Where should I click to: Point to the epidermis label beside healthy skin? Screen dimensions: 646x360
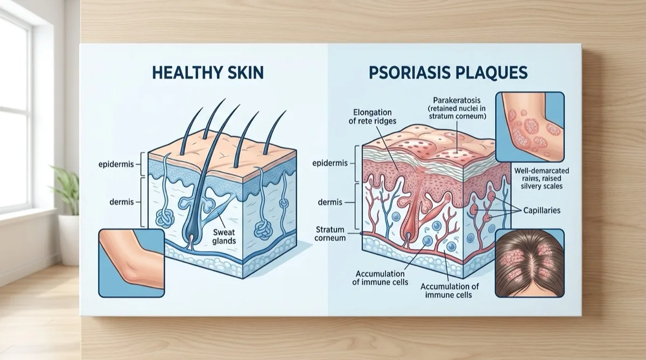pyautogui.click(x=116, y=164)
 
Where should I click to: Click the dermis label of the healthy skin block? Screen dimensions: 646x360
pyautogui.click(x=122, y=202)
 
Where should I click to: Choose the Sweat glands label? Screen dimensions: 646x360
pyautogui.click(x=224, y=236)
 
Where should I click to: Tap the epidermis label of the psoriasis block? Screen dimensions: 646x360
pyautogui.click(x=330, y=163)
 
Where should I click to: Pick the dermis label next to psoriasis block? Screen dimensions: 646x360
pyautogui.click(x=330, y=202)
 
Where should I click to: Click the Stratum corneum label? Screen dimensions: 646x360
pyautogui.click(x=330, y=234)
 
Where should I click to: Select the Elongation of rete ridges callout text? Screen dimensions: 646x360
pyautogui.click(x=373, y=116)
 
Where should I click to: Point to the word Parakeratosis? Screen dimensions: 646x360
pyautogui.click(x=457, y=100)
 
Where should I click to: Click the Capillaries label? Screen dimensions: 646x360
pyautogui.click(x=542, y=210)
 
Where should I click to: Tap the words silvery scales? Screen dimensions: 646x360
pyautogui.click(x=542, y=186)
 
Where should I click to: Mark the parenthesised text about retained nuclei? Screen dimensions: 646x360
pyautogui.click(x=457, y=112)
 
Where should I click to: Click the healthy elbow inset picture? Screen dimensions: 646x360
pyautogui.click(x=131, y=263)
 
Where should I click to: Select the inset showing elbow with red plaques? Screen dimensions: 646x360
pyautogui.click(x=530, y=127)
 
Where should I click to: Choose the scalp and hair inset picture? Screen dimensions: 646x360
pyautogui.click(x=530, y=263)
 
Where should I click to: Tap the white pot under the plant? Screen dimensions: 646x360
pyautogui.click(x=69, y=240)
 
